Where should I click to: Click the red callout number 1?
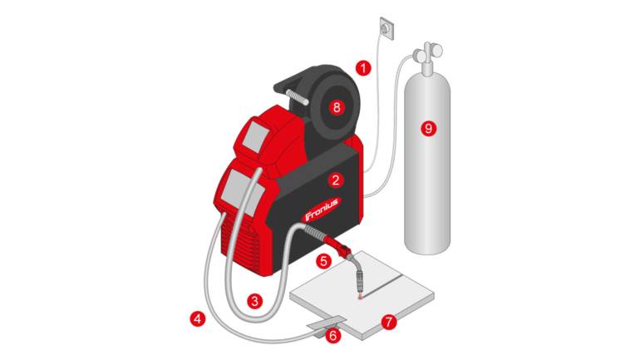click(363, 67)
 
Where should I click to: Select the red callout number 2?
click(336, 180)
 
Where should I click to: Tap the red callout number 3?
click(254, 301)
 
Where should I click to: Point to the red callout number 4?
click(198, 318)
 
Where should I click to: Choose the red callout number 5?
click(323, 261)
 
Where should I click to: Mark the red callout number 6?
click(333, 336)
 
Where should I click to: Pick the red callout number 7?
click(389, 322)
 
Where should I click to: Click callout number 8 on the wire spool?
click(337, 108)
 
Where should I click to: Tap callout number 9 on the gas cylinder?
click(428, 129)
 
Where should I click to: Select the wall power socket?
click(387, 28)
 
